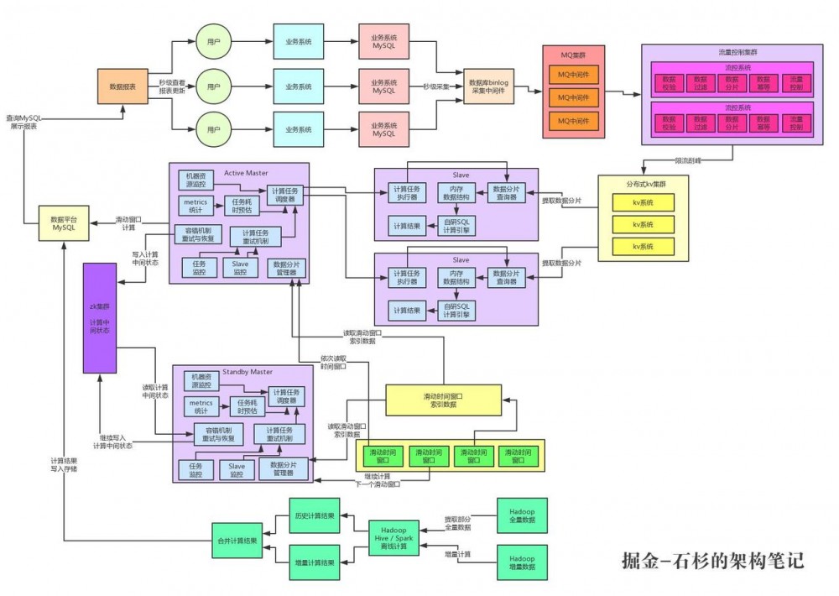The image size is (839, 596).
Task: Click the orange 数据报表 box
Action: click(x=122, y=86)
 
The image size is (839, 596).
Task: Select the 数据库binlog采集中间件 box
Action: click(x=488, y=86)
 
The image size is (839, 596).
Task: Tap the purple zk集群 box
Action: click(x=99, y=317)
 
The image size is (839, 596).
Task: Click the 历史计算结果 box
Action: click(x=314, y=515)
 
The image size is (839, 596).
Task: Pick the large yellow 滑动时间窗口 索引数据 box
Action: click(x=443, y=400)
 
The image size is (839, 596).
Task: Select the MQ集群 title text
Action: click(x=578, y=55)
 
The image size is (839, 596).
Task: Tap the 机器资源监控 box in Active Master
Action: click(x=197, y=179)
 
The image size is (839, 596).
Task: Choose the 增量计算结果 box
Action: click(x=314, y=562)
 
